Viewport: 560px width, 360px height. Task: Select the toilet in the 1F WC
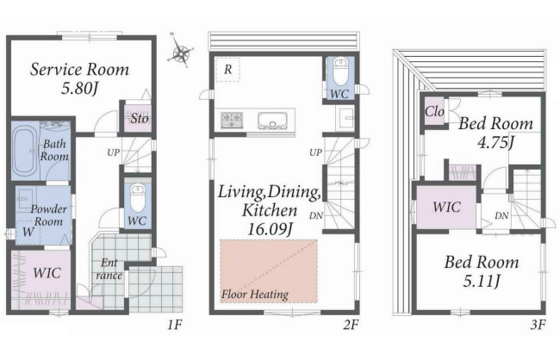coord(138,197)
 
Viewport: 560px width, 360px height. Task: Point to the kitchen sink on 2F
coord(272,121)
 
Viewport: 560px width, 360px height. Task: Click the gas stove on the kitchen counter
coord(232,120)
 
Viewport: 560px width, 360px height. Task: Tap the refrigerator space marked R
coord(227,70)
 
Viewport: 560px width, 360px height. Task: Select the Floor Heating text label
coord(255,295)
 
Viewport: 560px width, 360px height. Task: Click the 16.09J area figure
coord(270,229)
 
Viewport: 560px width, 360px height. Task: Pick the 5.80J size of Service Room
coord(79,89)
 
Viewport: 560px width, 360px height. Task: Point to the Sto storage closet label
coord(139,119)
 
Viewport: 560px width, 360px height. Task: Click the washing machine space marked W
coord(28,233)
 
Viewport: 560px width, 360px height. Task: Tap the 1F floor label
coord(175,325)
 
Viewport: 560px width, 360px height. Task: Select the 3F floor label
coord(538,325)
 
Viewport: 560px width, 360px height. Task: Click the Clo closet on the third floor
coord(434,111)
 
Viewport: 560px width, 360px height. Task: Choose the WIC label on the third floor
coord(447,208)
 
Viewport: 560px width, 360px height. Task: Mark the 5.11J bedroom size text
coord(482,282)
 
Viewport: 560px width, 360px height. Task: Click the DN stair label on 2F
coord(316,215)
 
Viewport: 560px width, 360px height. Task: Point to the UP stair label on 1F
coord(113,152)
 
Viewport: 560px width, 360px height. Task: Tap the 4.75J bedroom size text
coord(495,143)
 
